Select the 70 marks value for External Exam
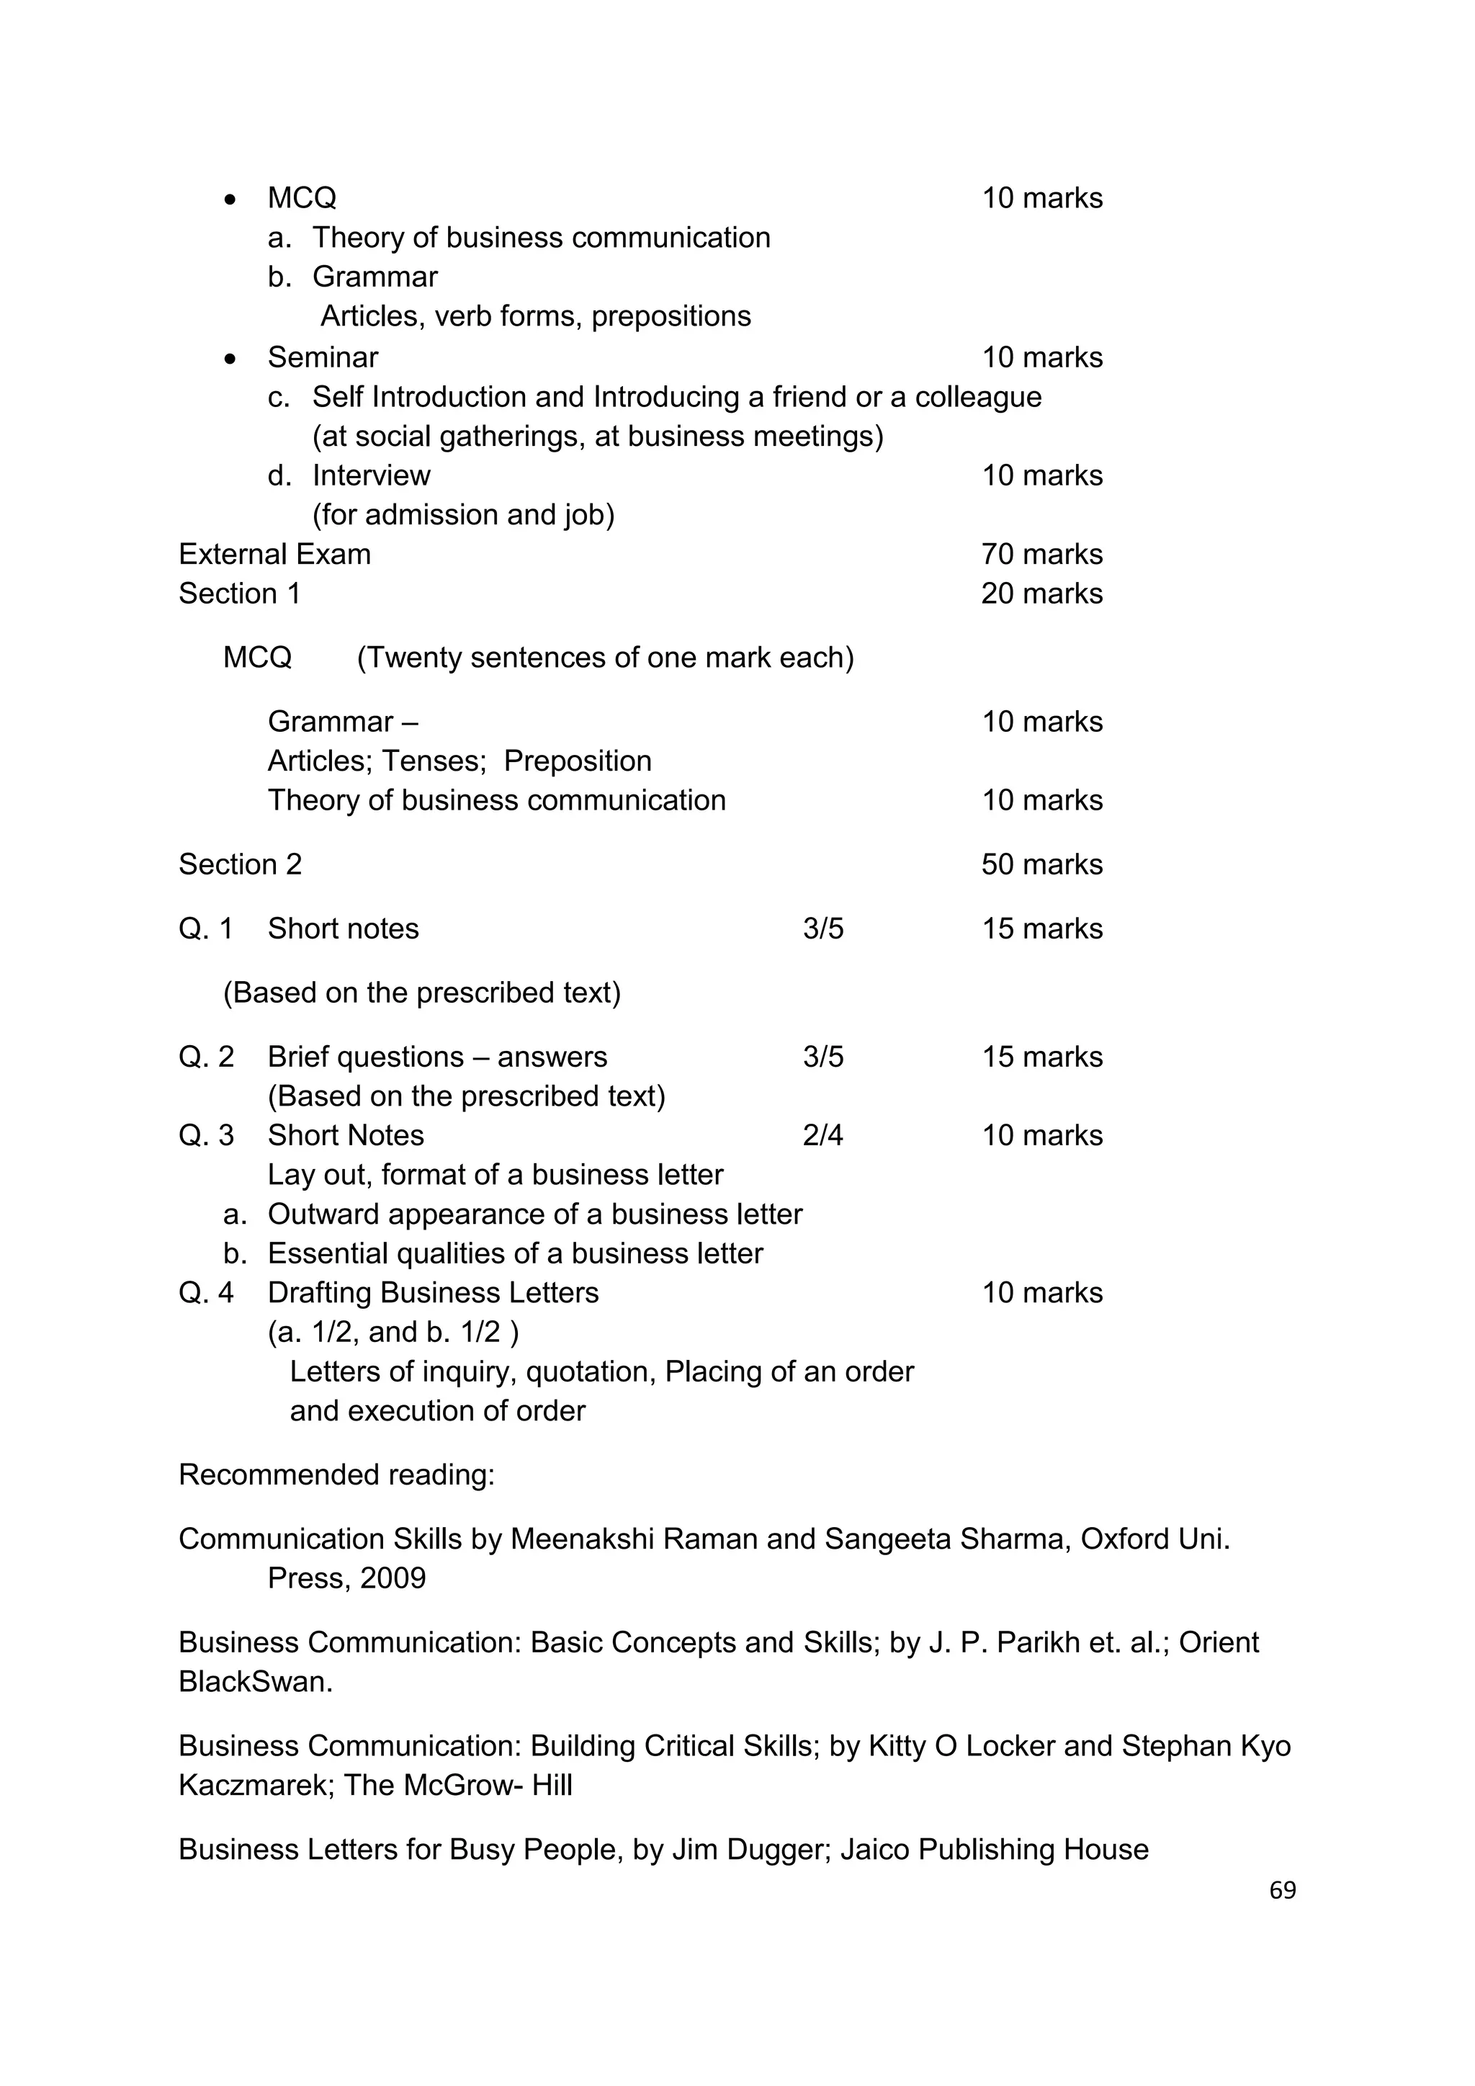point(1041,554)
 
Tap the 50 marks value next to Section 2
point(1041,864)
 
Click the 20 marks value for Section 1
point(1041,594)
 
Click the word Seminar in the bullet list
point(323,357)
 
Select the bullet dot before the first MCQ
point(230,199)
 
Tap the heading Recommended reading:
point(336,1474)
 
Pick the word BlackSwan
point(255,1682)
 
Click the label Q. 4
point(206,1292)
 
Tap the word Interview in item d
point(371,475)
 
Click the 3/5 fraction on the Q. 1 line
point(823,928)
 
